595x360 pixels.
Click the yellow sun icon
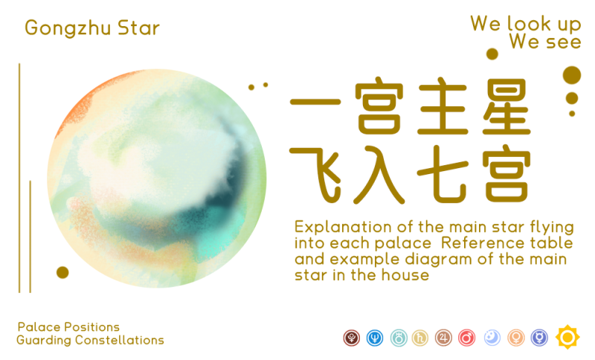pos(567,337)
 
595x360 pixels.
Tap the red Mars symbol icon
pos(467,338)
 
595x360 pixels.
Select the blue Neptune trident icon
pos(375,338)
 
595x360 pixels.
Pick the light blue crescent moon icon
pos(492,338)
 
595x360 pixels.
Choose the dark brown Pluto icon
pos(352,338)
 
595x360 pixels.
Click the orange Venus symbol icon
pos(516,338)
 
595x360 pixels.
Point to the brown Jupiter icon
pos(443,338)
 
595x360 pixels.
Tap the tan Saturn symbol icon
pos(420,338)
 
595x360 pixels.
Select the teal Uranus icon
pos(399,338)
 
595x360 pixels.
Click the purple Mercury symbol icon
pos(540,338)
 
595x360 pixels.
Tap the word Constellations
pos(120,340)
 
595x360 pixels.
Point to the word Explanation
pos(343,228)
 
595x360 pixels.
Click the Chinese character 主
pos(442,106)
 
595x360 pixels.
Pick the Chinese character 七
pos(442,174)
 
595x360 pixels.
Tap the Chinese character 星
pos(506,106)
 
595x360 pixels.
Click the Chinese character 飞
pos(315,175)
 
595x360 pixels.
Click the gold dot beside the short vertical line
pos(62,272)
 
